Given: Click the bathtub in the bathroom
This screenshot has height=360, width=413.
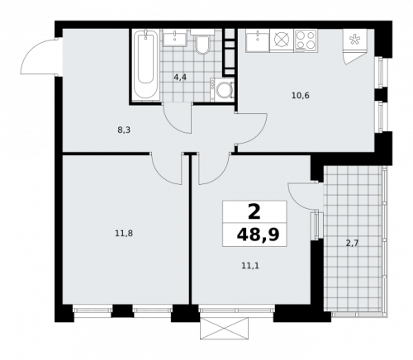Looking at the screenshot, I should [146, 65].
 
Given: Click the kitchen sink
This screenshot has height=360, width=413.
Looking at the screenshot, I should [257, 38].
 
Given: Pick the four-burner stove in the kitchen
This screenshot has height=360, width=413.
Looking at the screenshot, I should [306, 39].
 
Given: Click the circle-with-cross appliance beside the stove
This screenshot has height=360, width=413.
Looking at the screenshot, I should [281, 39].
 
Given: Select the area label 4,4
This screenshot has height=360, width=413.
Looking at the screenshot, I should [179, 77].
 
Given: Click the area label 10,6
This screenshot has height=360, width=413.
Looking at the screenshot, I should [301, 95].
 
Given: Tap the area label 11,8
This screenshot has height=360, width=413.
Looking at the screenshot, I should [123, 233].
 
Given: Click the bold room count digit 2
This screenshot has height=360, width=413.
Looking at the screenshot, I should [254, 211].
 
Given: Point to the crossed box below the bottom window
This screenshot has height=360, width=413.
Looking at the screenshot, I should [223, 326].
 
